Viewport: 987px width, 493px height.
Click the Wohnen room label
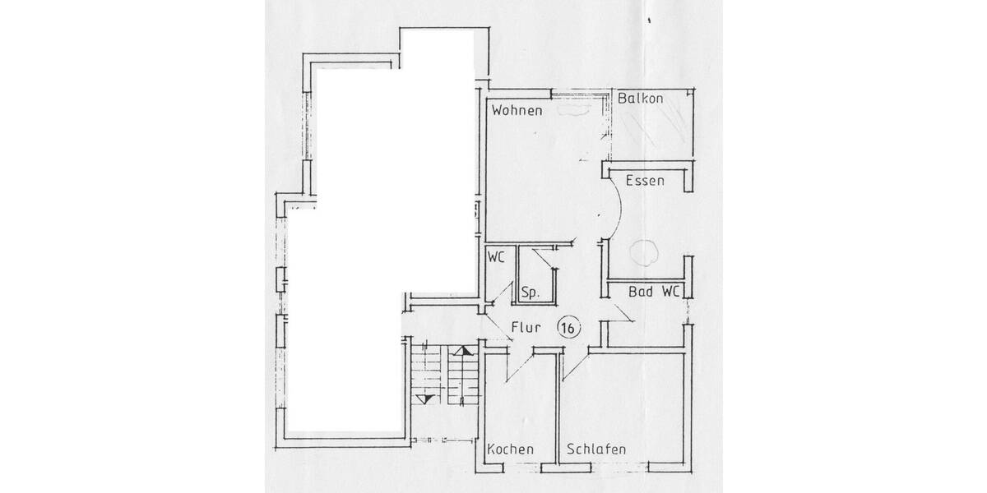(517, 110)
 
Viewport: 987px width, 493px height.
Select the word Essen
(645, 181)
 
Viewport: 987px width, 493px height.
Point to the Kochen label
(511, 449)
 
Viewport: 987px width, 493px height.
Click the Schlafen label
(596, 449)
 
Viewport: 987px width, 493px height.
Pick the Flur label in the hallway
(525, 328)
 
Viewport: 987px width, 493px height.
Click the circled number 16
(568, 327)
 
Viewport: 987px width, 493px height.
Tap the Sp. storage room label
(531, 293)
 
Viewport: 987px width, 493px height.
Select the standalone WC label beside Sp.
(495, 256)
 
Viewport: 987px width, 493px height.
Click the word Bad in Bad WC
(641, 292)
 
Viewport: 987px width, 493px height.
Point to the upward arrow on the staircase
(466, 351)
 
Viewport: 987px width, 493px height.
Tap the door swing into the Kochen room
(518, 366)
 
